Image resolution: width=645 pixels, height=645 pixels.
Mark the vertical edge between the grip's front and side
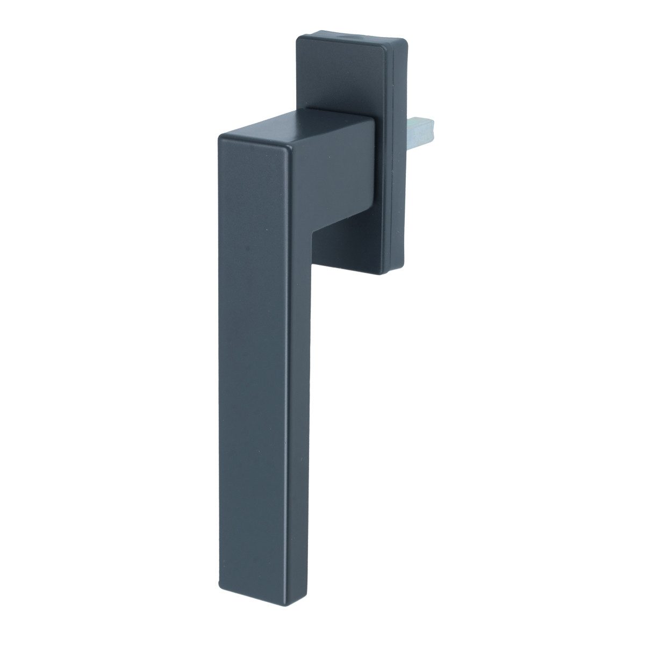point(283,376)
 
